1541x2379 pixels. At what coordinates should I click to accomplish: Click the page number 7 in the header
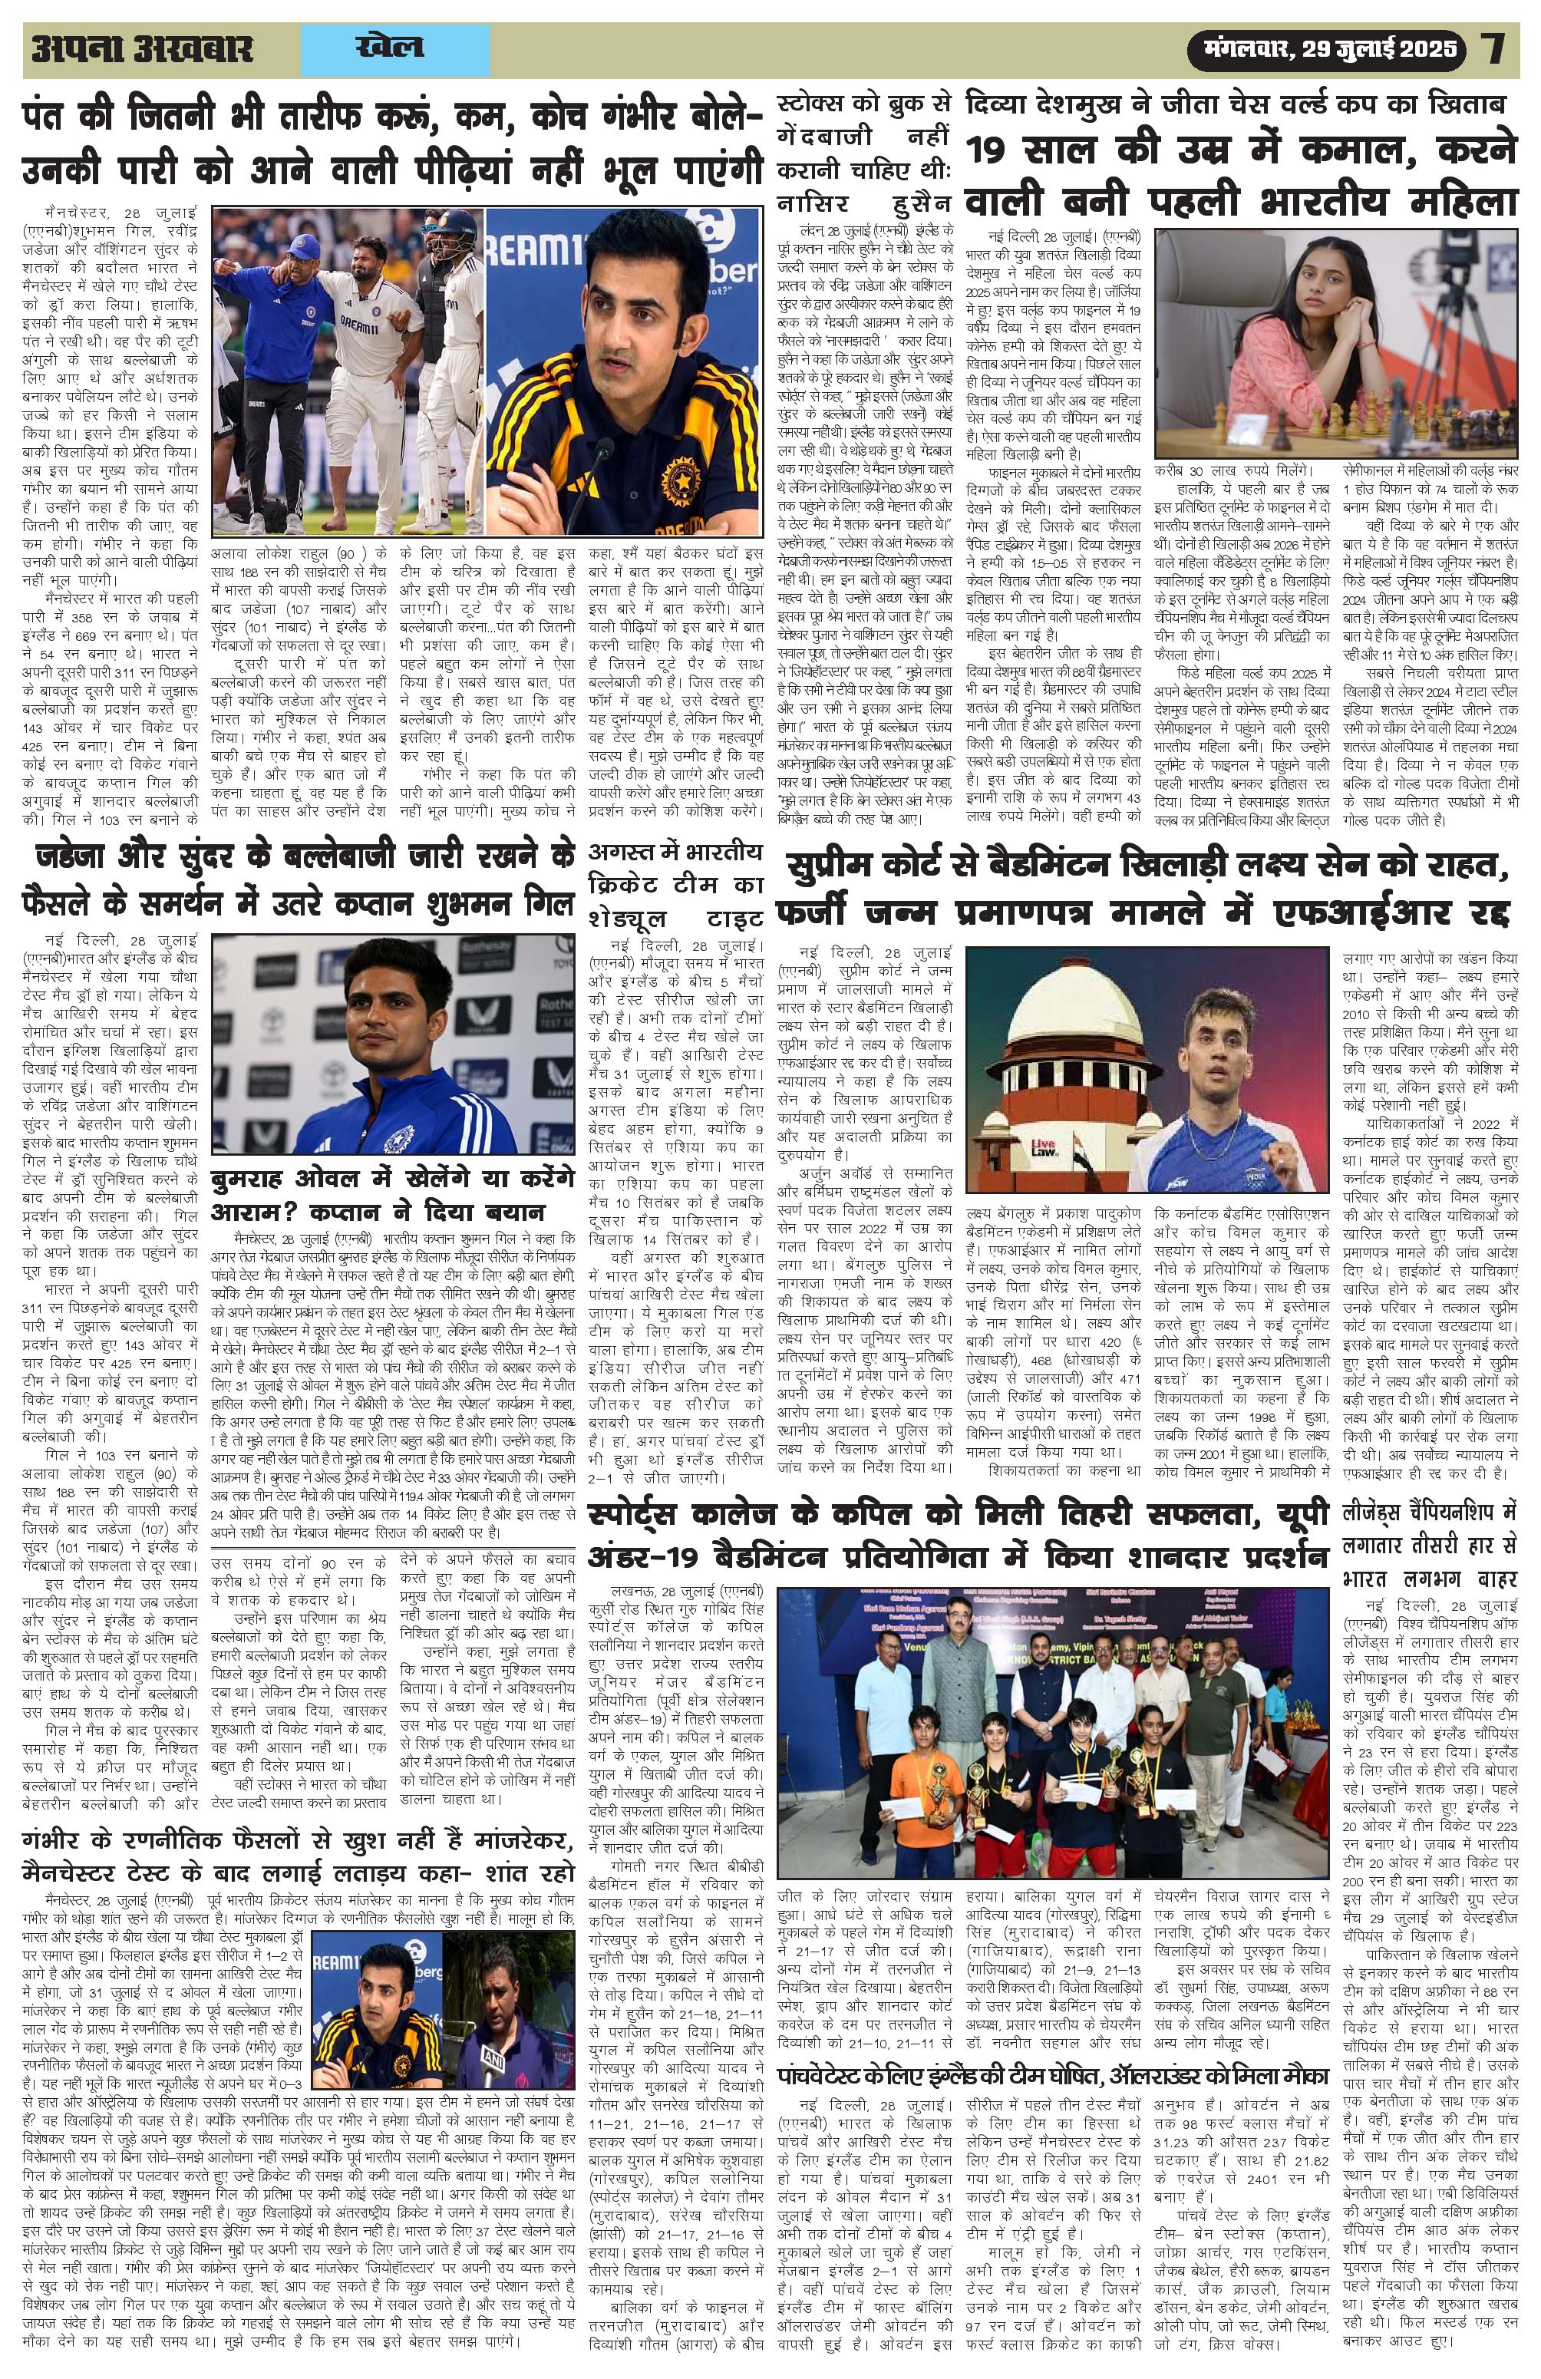tap(1495, 50)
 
